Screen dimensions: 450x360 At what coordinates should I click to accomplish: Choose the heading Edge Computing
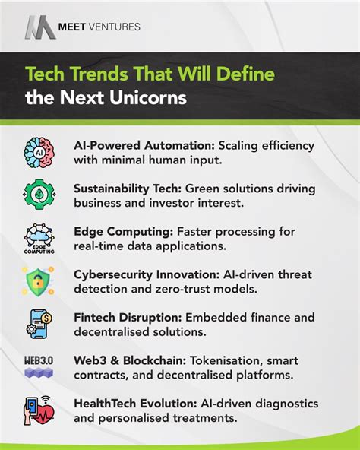click(x=115, y=230)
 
